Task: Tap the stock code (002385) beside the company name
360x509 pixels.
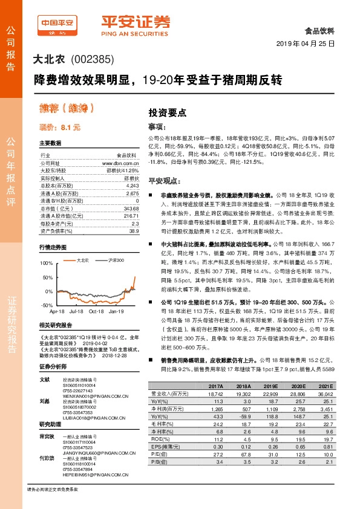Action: coord(93,60)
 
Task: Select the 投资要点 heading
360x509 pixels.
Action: coord(167,112)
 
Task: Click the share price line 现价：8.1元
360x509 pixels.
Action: coord(59,128)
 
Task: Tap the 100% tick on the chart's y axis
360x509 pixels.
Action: coord(45,264)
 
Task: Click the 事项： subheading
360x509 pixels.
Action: coord(157,127)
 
